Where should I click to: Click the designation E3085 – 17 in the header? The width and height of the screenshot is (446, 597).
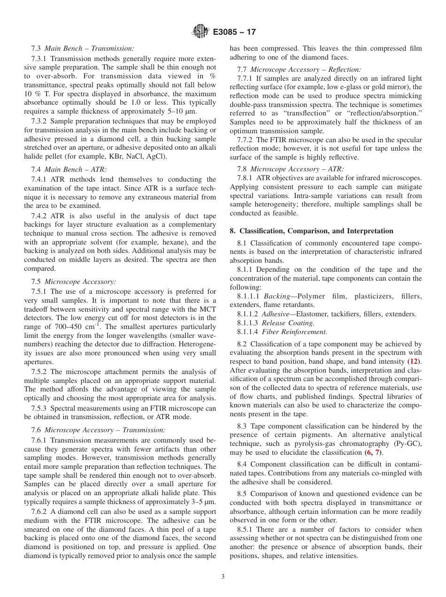coord(234,32)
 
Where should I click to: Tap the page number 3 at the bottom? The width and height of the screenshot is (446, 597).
coord(223,576)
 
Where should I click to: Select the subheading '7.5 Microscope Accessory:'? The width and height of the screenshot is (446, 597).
coord(73,282)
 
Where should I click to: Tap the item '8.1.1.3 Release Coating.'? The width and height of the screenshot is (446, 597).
coord(276,323)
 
